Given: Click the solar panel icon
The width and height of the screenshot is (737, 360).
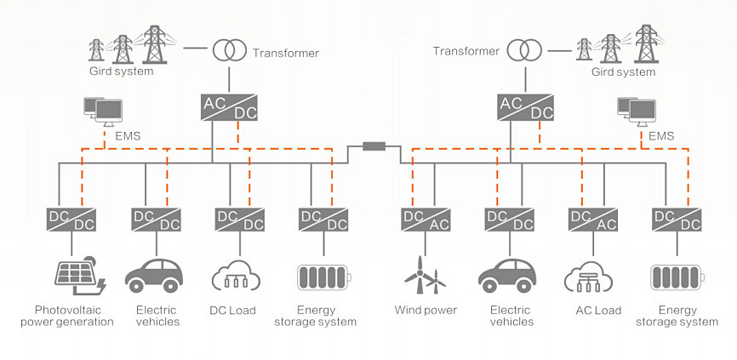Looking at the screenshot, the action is point(80,276).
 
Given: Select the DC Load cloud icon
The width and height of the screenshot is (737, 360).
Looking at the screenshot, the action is point(236,276).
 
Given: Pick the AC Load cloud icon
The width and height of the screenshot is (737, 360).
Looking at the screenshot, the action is point(588,277).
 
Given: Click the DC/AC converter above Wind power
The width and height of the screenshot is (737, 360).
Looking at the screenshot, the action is point(426,220).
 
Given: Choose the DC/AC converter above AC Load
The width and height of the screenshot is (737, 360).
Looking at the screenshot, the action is point(592,220).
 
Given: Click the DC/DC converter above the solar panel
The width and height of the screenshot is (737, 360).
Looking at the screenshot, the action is point(71,220).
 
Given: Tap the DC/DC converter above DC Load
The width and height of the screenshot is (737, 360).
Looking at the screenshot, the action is point(240,220).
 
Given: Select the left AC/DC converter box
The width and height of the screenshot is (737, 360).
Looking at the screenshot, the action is point(229,107).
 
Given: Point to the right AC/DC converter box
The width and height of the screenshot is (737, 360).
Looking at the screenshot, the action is point(525,107).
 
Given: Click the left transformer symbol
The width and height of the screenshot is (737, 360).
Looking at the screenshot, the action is point(230,49).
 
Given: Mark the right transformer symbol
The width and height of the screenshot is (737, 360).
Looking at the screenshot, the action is point(524,49).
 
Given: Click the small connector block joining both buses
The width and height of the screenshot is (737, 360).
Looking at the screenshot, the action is point(374,146).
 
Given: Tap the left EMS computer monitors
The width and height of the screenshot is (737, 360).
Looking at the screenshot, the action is point(103,111).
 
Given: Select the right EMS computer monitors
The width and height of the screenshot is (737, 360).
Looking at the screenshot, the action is point(637,111).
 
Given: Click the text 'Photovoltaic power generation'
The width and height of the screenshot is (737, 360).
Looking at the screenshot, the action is point(68,316).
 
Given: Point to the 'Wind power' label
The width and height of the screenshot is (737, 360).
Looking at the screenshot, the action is point(426,310).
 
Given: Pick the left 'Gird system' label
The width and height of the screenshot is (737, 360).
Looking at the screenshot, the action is point(121,71).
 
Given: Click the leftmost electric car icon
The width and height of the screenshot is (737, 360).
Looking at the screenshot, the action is point(154,276).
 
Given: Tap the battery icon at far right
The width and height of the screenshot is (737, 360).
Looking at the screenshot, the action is point(676,277).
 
